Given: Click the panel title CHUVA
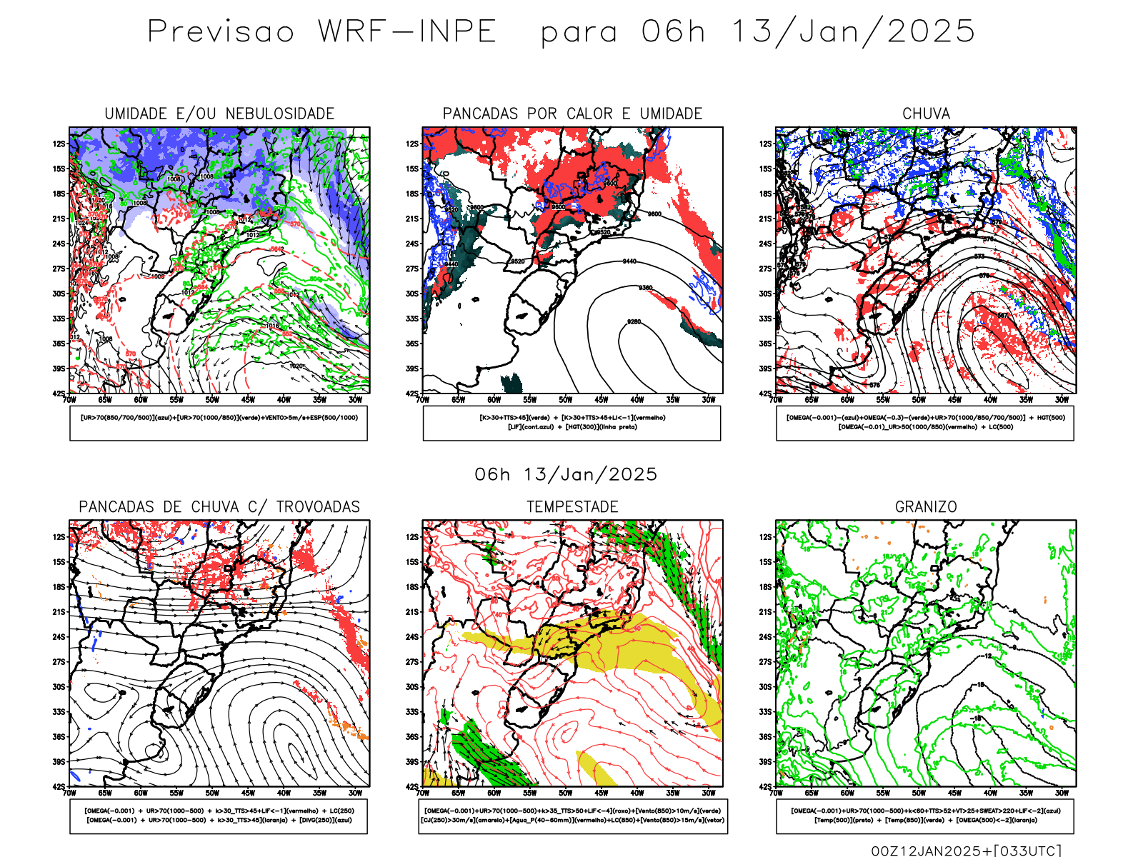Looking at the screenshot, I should pos(926,114).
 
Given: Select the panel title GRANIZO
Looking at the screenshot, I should pos(926,507).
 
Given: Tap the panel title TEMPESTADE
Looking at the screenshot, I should pos(572,507).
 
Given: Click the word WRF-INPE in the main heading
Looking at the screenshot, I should pos(407,32).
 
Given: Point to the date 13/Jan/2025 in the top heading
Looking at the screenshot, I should pos(854,32).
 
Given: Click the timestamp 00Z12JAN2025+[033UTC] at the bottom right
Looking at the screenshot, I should pos(966,850).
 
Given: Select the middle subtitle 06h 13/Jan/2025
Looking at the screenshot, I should pos(566,474).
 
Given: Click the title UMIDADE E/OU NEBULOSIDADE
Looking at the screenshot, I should pos(219,114).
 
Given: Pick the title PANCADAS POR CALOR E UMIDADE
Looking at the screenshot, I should pos(572,114).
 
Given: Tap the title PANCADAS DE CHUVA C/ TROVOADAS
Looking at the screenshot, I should pos(219,507).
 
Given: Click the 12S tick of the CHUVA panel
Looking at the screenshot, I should pos(766,144).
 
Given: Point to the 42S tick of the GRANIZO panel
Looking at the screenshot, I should pos(766,787).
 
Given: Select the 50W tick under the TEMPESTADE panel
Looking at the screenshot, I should pos(566,793).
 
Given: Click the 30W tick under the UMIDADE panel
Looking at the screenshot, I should pos(355,400).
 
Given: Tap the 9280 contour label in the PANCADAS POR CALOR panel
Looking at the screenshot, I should pos(634,322).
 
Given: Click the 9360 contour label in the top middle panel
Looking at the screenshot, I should pos(645,288).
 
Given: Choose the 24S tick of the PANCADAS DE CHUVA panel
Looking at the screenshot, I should pos(59,637).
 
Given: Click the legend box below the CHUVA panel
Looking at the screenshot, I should pos(925,423).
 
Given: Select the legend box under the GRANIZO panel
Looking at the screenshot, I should pos(925,816).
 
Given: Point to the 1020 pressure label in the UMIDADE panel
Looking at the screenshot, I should pos(296,366).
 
